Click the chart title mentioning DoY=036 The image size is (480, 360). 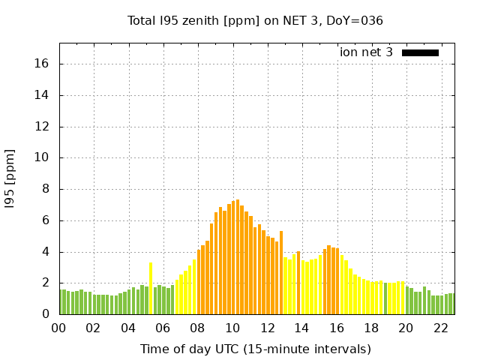(x=255, y=20)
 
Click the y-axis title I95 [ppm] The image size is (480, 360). (x=10, y=178)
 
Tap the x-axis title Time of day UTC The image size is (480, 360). (x=255, y=349)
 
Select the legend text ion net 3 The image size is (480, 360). (x=366, y=52)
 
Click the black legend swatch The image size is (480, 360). (x=420, y=52)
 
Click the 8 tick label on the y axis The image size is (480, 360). (x=46, y=189)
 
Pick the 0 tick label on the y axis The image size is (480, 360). (x=46, y=314)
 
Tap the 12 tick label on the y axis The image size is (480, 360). (x=43, y=127)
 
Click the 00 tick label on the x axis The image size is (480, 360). (x=59, y=328)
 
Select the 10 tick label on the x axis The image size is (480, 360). (x=232, y=328)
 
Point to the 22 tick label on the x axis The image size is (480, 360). (x=441, y=328)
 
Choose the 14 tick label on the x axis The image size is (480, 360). (x=301, y=328)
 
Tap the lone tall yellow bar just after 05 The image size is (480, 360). (x=151, y=288)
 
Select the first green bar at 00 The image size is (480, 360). (x=61, y=301)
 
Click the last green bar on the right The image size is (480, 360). (x=451, y=304)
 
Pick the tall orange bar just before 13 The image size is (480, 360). (x=281, y=272)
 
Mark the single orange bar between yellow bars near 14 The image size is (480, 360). (x=298, y=283)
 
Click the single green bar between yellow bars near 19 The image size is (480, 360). (x=385, y=298)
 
